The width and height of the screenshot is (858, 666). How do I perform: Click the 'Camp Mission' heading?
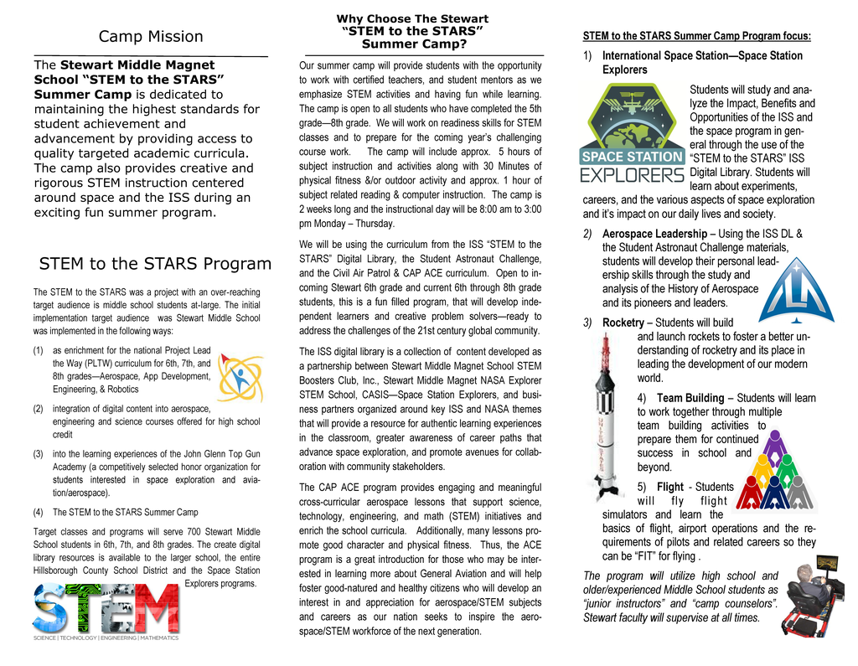(x=151, y=36)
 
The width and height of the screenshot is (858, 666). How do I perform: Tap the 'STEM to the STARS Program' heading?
(x=155, y=264)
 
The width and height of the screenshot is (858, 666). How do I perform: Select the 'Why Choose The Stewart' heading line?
(x=412, y=18)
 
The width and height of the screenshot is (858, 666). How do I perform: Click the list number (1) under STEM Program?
(x=39, y=351)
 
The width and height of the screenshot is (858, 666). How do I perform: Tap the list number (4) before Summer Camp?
(x=39, y=512)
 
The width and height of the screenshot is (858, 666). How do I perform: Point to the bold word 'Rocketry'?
(x=623, y=323)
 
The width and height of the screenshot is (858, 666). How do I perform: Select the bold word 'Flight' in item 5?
(x=670, y=487)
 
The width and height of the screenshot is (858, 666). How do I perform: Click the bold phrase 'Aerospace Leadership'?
(x=654, y=234)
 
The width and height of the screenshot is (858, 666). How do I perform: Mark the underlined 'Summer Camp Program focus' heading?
(x=696, y=36)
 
